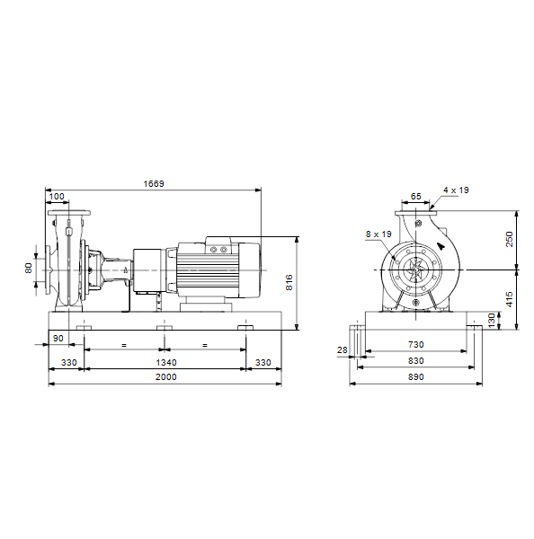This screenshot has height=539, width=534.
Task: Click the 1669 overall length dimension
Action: point(154,183)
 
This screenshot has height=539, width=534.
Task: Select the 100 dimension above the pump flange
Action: point(57,196)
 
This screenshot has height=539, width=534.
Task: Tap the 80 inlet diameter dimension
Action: point(29,268)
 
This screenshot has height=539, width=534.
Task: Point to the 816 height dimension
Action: point(289,282)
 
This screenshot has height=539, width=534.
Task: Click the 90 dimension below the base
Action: point(58,339)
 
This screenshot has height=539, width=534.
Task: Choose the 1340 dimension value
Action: point(166,362)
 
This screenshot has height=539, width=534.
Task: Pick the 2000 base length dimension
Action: point(166,377)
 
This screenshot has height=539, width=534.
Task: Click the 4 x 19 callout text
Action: point(456,190)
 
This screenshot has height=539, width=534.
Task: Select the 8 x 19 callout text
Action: point(378,234)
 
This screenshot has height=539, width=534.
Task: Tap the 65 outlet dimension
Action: point(415,196)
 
